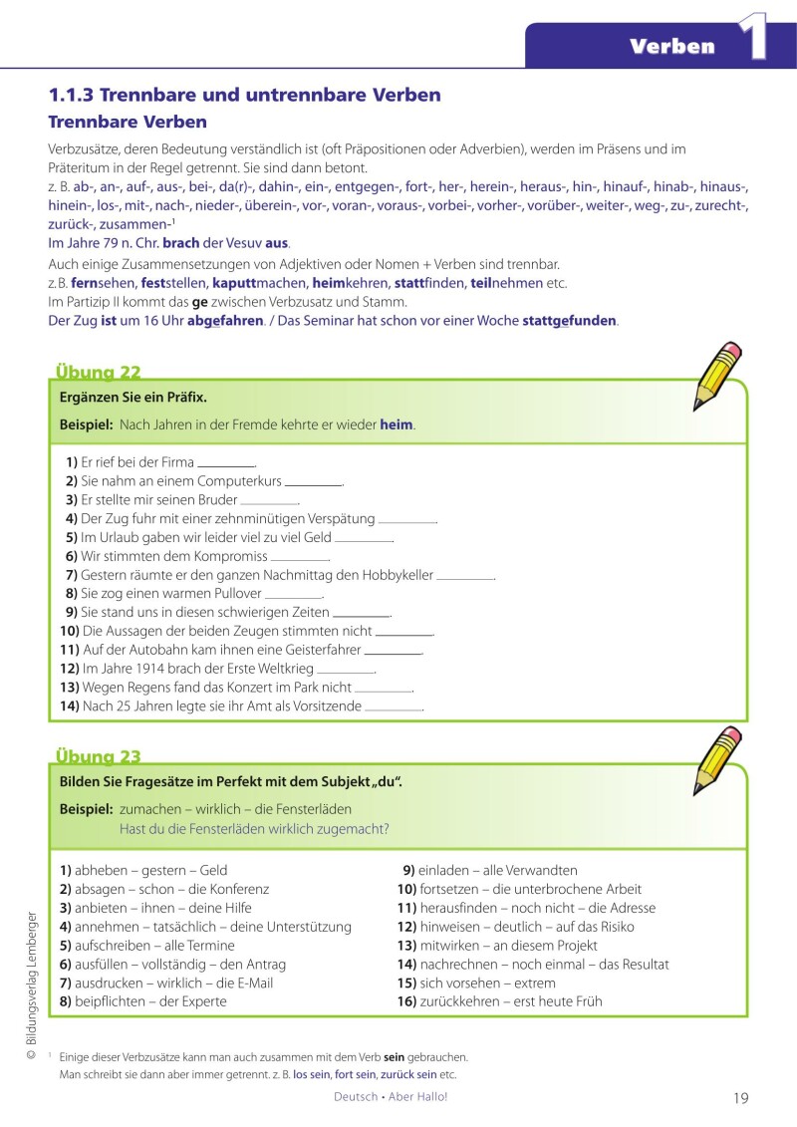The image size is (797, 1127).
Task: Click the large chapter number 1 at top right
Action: coord(753,37)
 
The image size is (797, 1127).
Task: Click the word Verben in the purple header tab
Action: coord(672,46)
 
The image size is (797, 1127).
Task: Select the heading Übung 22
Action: coord(98,373)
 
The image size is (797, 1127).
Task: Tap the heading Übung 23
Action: coord(98,756)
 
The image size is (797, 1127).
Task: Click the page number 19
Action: coord(740,1098)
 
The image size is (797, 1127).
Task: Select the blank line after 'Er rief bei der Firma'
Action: coord(226,464)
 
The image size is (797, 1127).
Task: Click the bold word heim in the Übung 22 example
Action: coord(397,424)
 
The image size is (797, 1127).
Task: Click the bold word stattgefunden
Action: coord(569,321)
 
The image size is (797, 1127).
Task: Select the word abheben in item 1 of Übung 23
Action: coord(100,870)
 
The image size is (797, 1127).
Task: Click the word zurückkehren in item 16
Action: coord(460,1001)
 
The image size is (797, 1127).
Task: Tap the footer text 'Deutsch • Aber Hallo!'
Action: coord(392,1097)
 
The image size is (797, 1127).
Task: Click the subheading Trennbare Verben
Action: coord(128,122)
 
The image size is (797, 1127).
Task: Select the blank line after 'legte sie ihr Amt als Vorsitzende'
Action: coord(394,707)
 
